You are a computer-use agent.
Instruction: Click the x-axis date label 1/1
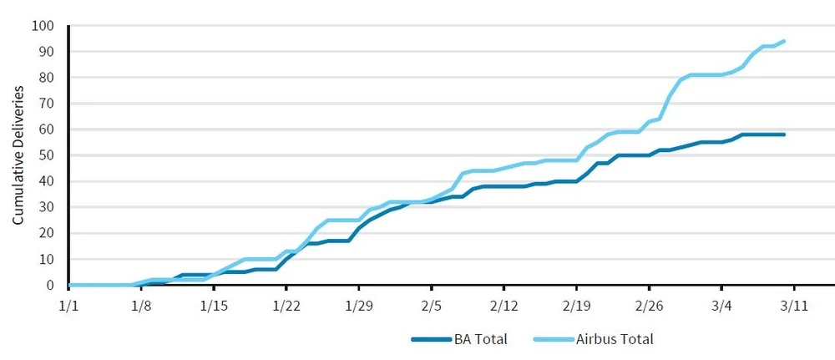click(x=68, y=305)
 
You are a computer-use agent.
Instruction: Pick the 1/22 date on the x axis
click(x=286, y=305)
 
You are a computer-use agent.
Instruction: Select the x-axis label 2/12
click(x=504, y=305)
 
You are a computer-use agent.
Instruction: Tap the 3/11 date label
click(x=793, y=305)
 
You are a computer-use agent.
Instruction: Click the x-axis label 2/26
click(x=649, y=305)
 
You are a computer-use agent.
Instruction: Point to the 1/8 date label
click(x=141, y=305)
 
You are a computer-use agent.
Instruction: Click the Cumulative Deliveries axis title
click(x=18, y=155)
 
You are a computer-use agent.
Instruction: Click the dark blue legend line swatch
click(x=432, y=339)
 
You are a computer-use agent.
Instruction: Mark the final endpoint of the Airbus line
click(x=783, y=41)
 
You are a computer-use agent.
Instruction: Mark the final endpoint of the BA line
click(x=783, y=134)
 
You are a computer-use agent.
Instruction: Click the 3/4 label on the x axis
click(x=721, y=305)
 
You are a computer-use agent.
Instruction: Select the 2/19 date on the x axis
click(x=576, y=305)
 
